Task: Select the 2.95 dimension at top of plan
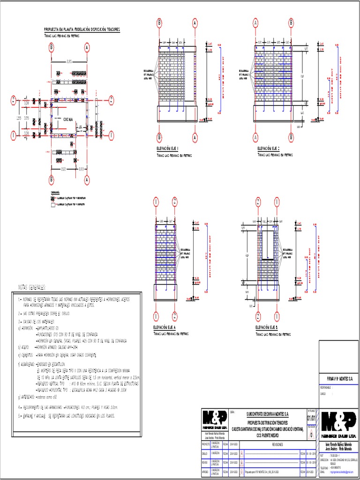[69, 61]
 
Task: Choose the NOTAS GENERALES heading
[32, 287]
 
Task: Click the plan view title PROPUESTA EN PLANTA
[82, 29]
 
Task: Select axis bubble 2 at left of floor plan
[14, 99]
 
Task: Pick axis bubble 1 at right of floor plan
[112, 136]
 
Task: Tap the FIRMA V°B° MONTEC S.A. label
[338, 378]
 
